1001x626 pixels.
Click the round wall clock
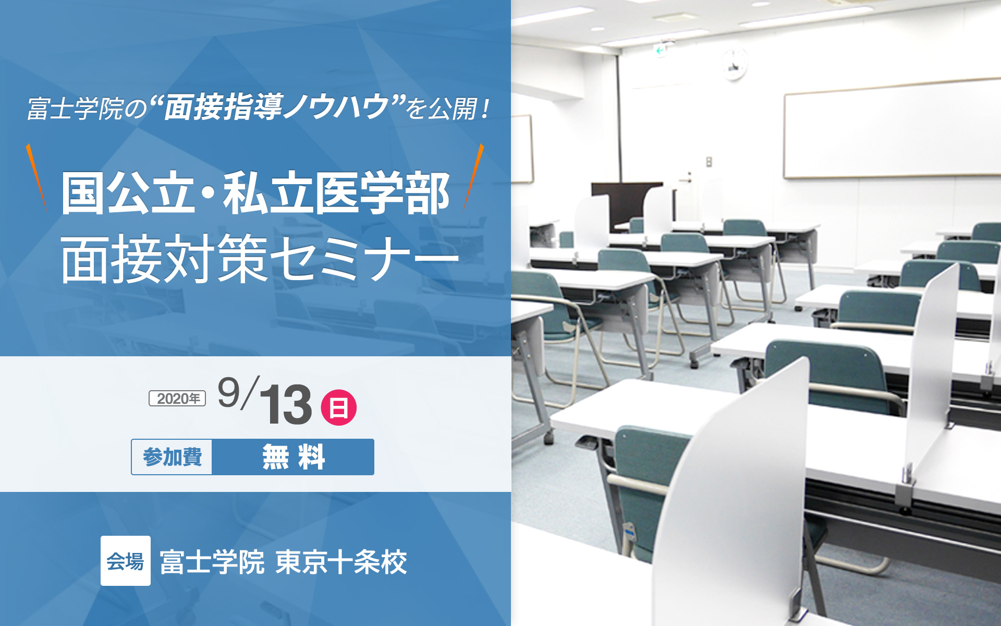734,64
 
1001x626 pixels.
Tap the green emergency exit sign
661,51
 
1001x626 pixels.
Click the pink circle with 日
338,407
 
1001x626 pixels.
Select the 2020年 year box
177,399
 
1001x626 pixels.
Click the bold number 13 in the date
285,404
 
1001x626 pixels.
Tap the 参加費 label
172,457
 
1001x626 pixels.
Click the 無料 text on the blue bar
294,457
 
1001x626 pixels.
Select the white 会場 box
126,561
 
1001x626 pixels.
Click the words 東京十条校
341,562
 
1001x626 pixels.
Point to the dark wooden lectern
625,206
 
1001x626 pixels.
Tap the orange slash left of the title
36,176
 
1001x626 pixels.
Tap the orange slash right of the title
473,176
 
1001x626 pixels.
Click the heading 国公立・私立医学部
255,193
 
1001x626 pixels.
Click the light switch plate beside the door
709,162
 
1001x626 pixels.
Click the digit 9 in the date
228,392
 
